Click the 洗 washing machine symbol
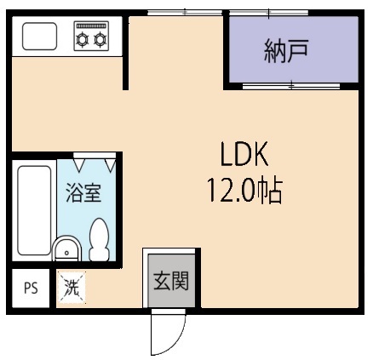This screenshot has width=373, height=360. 72,288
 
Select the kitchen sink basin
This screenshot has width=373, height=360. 39,37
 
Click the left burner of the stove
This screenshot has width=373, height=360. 84,38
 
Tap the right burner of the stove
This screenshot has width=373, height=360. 101,38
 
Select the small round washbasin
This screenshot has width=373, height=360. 66,250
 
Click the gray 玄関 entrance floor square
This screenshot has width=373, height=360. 170,280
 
